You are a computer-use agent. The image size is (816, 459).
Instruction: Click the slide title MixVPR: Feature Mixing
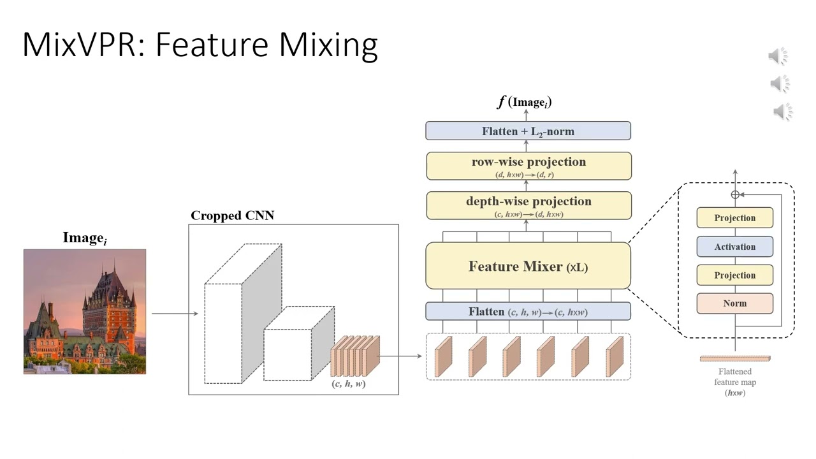point(200,45)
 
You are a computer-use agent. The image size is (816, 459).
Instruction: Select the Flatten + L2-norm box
point(528,131)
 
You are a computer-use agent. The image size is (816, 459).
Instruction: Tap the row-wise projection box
point(528,166)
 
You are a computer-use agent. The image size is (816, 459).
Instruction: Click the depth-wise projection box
point(528,205)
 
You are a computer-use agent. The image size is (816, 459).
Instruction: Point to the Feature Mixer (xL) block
point(528,266)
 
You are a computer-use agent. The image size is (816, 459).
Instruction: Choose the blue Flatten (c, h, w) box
point(528,312)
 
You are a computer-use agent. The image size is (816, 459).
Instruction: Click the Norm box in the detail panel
point(734,303)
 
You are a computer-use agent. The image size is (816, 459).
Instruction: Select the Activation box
point(734,247)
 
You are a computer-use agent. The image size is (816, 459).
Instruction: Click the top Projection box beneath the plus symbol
point(734,218)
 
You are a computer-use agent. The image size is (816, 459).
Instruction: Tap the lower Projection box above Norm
point(734,275)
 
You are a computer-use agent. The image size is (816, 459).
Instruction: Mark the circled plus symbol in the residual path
point(735,194)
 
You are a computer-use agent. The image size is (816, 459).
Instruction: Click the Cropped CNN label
point(232,215)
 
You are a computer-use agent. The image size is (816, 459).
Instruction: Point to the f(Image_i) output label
point(524,102)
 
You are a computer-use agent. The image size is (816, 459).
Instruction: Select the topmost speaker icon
point(778,56)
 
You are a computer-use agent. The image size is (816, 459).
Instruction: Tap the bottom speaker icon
point(782,112)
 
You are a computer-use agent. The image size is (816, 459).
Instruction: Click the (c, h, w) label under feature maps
point(349,384)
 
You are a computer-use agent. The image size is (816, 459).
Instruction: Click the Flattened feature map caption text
point(734,381)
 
